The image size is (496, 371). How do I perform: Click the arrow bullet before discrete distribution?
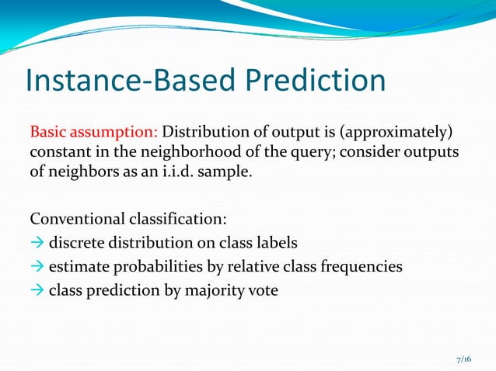pos(37,244)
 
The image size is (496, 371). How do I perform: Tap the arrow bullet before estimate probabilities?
pos(37,266)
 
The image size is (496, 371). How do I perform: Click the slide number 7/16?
pos(463,359)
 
